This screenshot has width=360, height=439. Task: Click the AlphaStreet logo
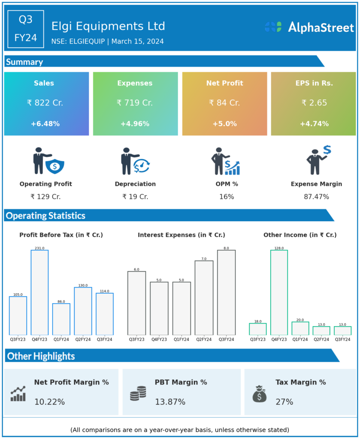(309, 27)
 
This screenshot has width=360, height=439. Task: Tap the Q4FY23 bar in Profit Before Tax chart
(39, 292)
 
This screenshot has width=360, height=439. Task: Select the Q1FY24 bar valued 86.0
(61, 319)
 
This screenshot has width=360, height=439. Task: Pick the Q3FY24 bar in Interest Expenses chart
(226, 292)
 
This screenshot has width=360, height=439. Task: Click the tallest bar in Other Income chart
(279, 292)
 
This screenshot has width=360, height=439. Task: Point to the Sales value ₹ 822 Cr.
(45, 103)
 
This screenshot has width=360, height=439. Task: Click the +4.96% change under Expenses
(135, 124)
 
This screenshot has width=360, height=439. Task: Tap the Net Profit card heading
(224, 83)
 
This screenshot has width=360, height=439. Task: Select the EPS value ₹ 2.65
(314, 103)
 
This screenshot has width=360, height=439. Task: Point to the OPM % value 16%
(227, 197)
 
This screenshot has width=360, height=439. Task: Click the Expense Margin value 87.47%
(316, 197)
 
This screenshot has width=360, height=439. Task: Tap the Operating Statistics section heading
(45, 216)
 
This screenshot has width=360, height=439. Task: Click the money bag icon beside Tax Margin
(259, 394)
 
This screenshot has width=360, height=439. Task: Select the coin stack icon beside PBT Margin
(138, 394)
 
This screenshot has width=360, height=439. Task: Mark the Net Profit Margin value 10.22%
(50, 402)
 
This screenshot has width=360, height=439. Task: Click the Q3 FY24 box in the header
(26, 29)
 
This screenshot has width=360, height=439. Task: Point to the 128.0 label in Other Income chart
(279, 248)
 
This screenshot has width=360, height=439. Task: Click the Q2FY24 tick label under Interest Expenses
(204, 340)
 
